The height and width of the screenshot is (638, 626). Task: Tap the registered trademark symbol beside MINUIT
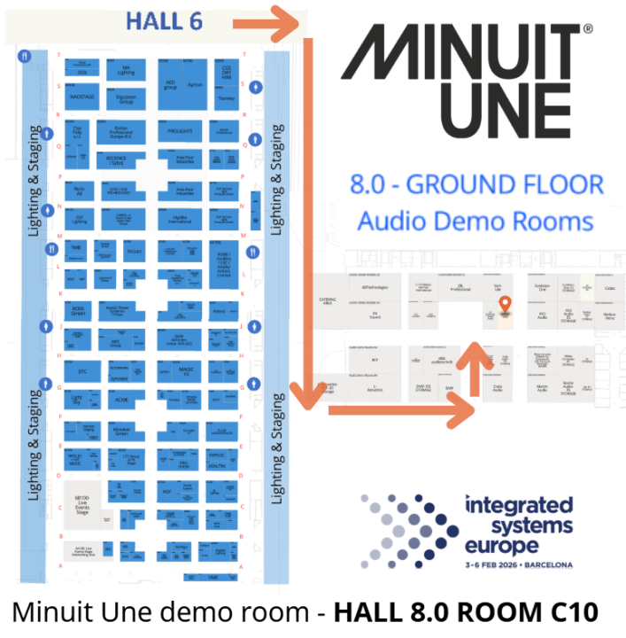(x=587, y=30)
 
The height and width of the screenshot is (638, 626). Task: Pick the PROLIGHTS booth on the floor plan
(x=179, y=131)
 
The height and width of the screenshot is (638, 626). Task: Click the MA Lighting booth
(x=126, y=70)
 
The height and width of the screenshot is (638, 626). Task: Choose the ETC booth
(x=82, y=372)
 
